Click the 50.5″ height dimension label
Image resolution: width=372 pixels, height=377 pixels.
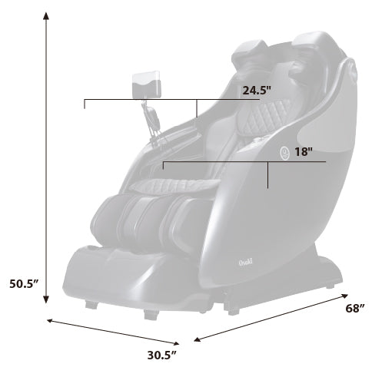coord(24,283)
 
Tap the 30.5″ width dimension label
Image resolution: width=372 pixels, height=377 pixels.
coord(162,356)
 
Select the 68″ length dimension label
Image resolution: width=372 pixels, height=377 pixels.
coord(355,309)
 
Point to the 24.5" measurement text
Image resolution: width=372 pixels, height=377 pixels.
coord(257,91)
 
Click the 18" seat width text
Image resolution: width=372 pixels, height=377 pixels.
coord(304,152)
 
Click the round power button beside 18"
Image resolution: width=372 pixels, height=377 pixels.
coord(284,153)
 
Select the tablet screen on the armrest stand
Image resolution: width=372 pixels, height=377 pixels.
coord(146,84)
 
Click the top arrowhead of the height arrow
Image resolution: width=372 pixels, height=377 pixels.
coord(46,16)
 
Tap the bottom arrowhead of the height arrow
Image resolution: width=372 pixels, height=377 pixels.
coord(46,299)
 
